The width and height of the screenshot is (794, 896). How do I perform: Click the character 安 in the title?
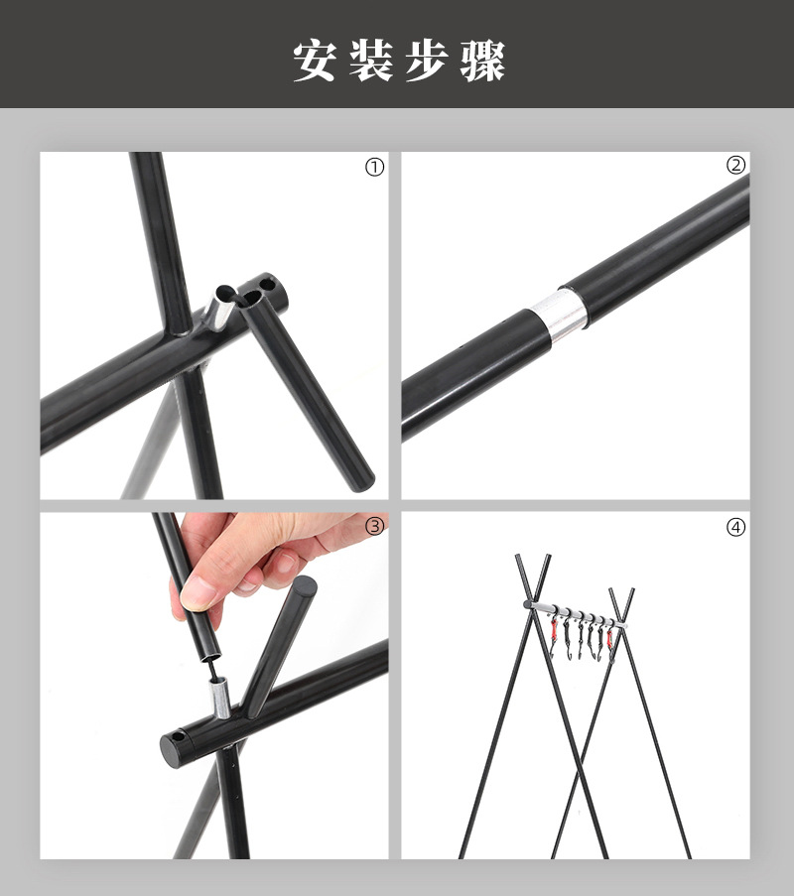point(314,61)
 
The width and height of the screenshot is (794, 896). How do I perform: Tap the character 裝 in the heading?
point(371,61)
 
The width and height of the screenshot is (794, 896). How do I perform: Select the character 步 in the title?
point(427,61)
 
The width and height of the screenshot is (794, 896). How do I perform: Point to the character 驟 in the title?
point(483,61)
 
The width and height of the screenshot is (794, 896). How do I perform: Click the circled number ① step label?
point(374,168)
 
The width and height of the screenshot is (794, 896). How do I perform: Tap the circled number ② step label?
point(735,165)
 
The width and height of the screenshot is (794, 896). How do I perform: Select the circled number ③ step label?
point(374,526)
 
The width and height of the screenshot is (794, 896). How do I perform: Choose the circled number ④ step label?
point(735,528)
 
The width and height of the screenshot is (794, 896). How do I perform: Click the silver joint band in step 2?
point(559,315)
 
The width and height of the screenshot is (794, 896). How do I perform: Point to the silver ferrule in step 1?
point(220,311)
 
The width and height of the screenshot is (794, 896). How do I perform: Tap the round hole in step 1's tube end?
point(265,283)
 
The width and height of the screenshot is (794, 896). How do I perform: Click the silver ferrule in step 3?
point(221,698)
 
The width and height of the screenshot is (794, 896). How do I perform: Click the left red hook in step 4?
point(554,630)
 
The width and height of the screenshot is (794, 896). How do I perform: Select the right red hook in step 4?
point(609,639)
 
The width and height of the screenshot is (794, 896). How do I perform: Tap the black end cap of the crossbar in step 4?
point(528,604)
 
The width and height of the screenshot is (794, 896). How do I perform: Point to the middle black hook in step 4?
point(581,638)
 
